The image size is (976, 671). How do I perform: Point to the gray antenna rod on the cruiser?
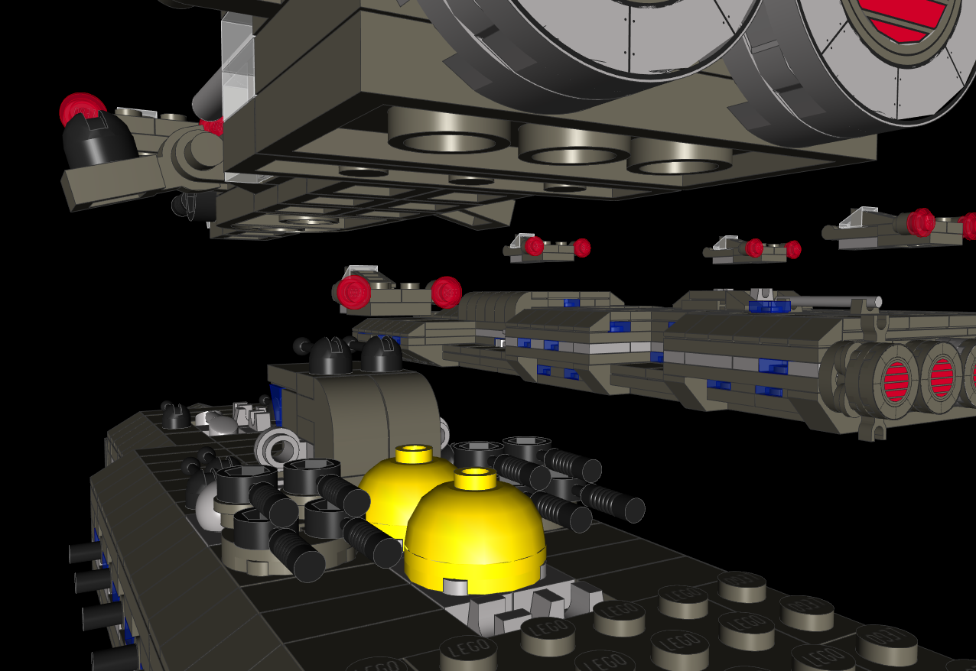[x=834, y=302]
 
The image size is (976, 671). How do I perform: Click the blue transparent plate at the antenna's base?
[x=769, y=307]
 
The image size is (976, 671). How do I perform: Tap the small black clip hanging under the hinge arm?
[x=187, y=205]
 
